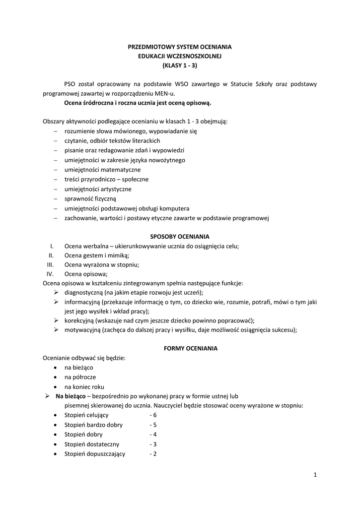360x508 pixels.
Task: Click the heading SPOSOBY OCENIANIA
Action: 180,236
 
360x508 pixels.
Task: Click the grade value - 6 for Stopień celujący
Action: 153,415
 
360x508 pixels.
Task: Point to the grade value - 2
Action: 153,454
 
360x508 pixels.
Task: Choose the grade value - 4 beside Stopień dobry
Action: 153,435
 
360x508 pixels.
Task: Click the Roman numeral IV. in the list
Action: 50,274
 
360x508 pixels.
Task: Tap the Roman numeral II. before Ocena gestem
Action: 51,255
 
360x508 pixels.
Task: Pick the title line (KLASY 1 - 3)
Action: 180,65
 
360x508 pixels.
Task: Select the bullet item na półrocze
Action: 80,378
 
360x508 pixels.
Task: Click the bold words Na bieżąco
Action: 70,396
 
